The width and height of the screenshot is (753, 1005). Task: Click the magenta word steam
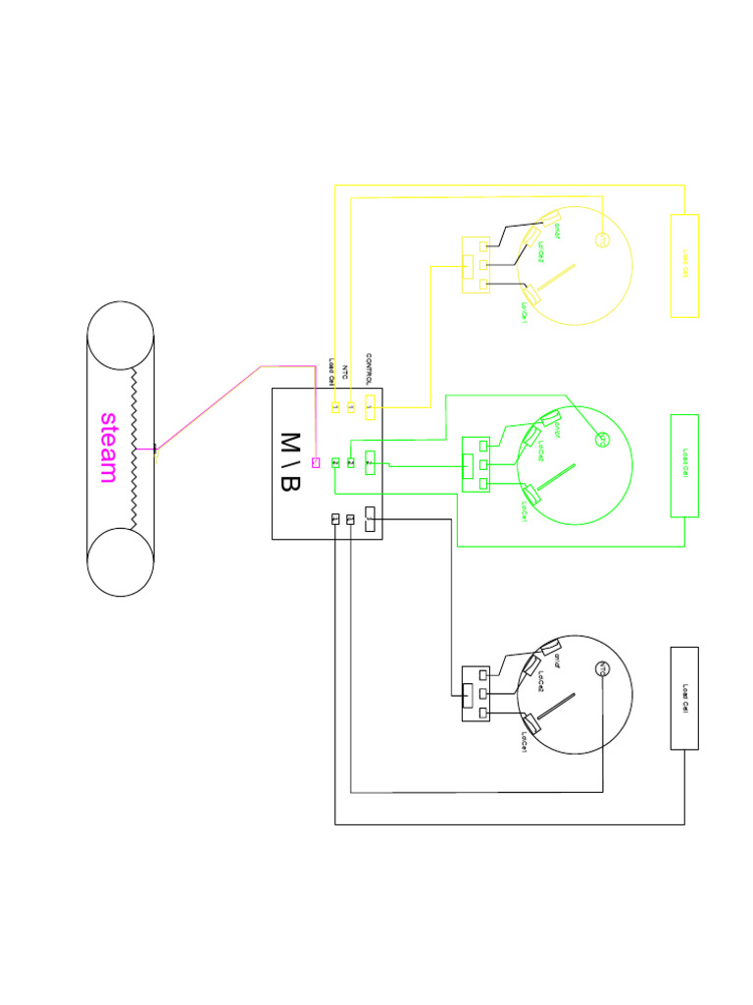click(x=109, y=448)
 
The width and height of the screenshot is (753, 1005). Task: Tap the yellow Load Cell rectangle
click(x=684, y=265)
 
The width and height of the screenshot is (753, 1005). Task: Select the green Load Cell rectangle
click(x=684, y=465)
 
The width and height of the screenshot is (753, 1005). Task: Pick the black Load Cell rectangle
click(x=684, y=698)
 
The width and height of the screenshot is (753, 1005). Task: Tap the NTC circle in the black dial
click(x=603, y=669)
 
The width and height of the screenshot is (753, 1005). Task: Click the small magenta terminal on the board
click(x=316, y=462)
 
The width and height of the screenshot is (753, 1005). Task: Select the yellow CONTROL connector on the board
click(x=369, y=403)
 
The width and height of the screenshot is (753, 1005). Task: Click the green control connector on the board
click(x=369, y=460)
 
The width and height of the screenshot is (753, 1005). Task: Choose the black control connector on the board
click(x=369, y=517)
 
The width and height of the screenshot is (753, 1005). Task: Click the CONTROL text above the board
click(x=369, y=369)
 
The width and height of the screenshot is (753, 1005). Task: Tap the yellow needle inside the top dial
click(x=556, y=280)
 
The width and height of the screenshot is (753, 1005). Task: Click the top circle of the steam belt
click(x=121, y=334)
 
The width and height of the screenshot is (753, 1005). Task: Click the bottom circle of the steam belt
click(x=121, y=563)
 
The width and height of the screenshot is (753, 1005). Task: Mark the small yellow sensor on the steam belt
click(x=156, y=455)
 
